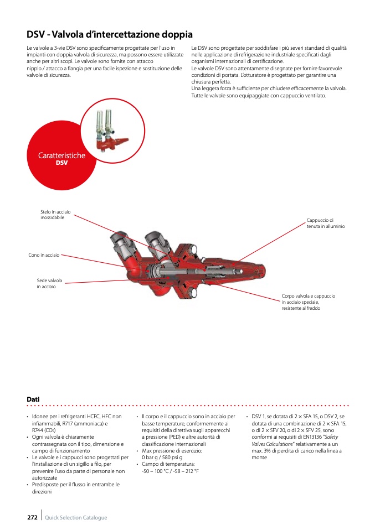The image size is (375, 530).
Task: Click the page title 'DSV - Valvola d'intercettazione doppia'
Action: click(x=110, y=34)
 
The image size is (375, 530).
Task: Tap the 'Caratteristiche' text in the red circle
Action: click(x=61, y=155)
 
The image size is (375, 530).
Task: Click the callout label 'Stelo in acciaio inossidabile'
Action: click(x=55, y=215)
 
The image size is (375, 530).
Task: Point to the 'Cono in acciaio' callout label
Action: click(x=44, y=255)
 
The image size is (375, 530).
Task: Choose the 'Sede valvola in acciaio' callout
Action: click(x=50, y=283)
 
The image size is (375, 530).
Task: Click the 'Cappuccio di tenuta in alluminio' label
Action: click(x=326, y=223)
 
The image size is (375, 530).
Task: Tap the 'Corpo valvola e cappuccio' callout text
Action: click(x=309, y=296)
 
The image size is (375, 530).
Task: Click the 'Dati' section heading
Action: click(x=33, y=399)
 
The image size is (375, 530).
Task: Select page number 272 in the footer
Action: click(x=32, y=517)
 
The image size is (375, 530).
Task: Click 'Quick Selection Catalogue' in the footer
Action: click(x=76, y=518)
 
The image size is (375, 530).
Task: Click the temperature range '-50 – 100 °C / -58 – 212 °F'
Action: click(x=170, y=471)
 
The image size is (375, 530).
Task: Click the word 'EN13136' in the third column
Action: click(x=314, y=437)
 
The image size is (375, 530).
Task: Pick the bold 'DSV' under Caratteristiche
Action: click(x=61, y=163)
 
